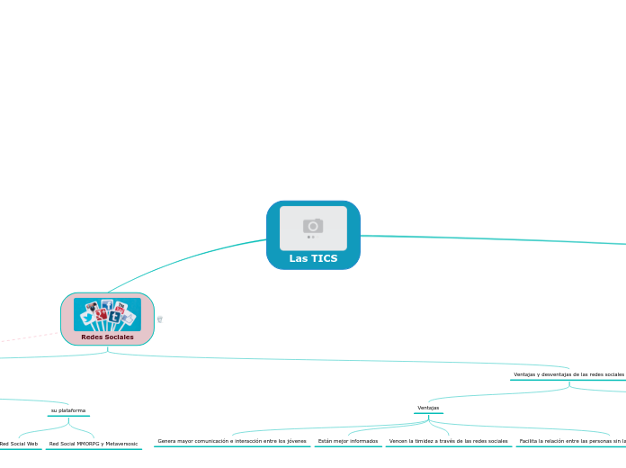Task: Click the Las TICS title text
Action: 313,258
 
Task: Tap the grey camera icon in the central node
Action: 313,226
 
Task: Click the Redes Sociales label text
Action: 107,337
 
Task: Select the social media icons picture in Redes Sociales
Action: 107,314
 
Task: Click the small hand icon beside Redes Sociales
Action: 159,319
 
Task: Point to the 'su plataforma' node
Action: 68,410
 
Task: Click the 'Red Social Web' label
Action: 19,444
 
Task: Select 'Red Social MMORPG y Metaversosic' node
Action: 94,444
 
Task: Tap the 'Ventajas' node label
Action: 428,408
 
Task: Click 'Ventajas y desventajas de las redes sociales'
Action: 568,374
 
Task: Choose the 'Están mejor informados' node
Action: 348,441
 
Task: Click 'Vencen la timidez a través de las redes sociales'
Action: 448,441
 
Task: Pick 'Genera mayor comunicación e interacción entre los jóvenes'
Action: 232,441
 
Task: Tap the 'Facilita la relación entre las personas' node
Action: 572,441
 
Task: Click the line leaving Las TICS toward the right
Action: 495,238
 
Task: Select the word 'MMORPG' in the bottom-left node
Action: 89,444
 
